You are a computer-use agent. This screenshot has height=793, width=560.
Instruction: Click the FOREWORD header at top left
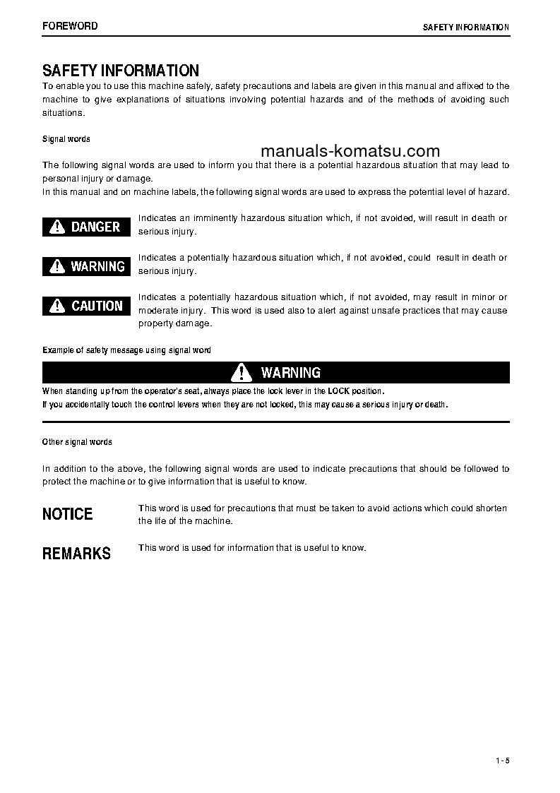70,26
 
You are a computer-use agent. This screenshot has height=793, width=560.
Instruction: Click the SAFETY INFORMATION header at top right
465,27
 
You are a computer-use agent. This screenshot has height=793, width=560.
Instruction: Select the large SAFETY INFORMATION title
121,71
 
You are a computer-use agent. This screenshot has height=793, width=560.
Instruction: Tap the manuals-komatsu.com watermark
350,151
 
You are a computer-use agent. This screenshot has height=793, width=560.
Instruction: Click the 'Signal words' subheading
66,139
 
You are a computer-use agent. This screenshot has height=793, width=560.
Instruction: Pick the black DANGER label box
86,227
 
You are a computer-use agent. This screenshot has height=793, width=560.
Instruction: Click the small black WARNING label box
86,266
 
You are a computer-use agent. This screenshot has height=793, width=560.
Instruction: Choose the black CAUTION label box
86,306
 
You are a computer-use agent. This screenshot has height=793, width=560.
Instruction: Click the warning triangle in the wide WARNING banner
242,372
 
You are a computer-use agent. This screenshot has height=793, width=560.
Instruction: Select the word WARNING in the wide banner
290,372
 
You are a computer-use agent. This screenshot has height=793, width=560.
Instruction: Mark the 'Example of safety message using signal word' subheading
126,350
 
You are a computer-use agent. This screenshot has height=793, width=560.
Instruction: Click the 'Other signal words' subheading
77,442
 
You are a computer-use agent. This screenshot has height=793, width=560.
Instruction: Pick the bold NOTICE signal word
68,514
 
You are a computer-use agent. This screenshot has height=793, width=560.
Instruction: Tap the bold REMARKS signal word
76,554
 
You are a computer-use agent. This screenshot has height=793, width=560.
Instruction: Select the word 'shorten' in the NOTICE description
492,508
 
